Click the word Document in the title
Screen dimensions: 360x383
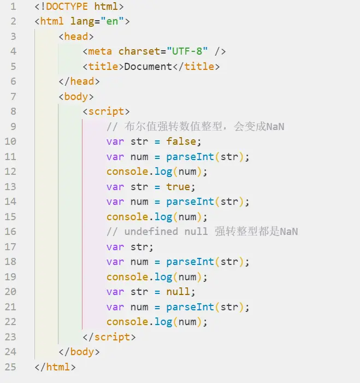coord(148,67)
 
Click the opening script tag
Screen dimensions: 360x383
coord(106,111)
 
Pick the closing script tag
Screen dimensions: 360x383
coord(109,337)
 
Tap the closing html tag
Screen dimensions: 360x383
coord(55,367)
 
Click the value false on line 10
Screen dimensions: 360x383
coord(181,142)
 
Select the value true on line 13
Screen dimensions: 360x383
coord(178,186)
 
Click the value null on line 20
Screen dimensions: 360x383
coord(178,292)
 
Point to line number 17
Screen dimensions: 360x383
coord(11,246)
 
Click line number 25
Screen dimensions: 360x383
coord(11,367)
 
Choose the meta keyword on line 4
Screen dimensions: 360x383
coord(100,51)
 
